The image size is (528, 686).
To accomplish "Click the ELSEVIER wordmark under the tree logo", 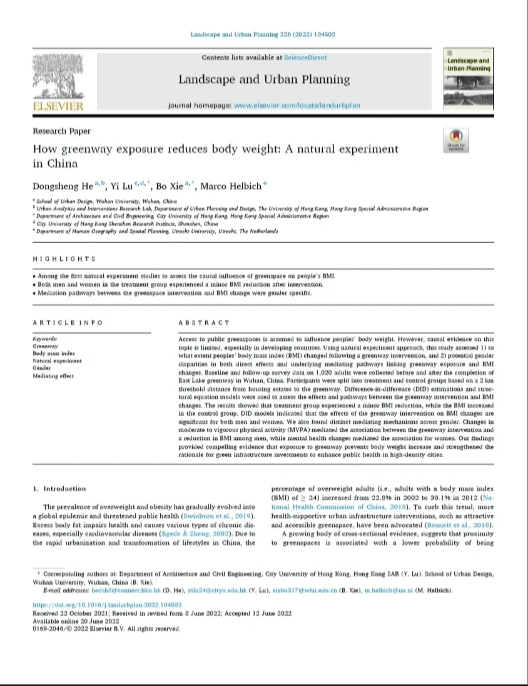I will pos(58,106).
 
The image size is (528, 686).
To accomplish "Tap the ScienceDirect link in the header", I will pos(305,58).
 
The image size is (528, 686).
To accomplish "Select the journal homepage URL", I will pos(297,105).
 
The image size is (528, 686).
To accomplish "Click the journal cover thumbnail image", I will pos(467,78).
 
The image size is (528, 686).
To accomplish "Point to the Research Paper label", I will pos(61,131).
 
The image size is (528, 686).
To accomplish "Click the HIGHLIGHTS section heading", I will pos(64,259).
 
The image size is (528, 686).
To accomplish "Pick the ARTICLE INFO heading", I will pos(68,322).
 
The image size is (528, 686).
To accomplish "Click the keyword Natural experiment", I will pos(57,361).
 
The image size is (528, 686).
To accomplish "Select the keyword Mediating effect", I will pos(53,376).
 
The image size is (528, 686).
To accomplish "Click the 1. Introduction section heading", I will pos(59,488).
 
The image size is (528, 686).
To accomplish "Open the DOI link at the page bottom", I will pos(107,605).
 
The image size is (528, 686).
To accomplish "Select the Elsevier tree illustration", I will pos(58,77).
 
